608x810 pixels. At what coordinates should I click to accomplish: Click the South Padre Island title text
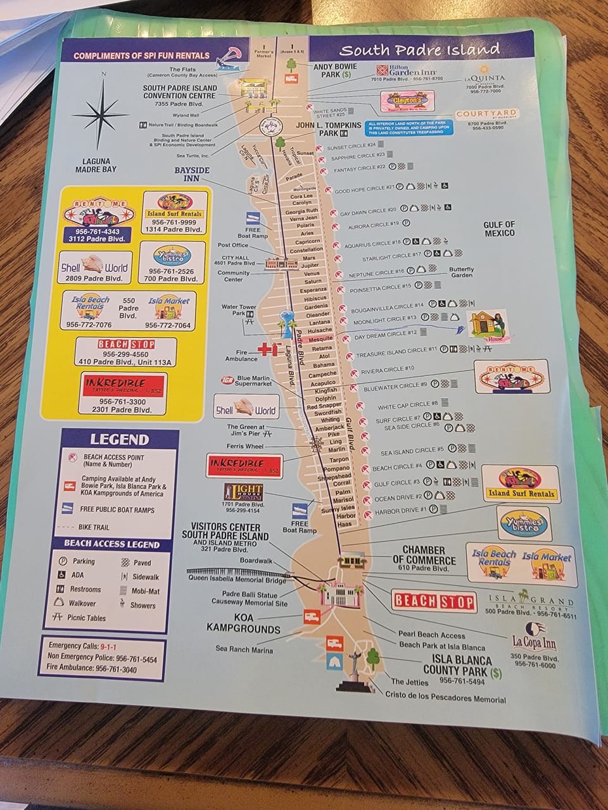click(x=419, y=49)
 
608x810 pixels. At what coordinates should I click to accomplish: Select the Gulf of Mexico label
click(x=499, y=228)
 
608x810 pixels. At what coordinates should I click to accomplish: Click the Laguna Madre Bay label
click(x=96, y=165)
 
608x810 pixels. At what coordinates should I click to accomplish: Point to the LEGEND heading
click(x=119, y=439)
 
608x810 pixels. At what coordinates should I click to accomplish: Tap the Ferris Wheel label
click(x=246, y=447)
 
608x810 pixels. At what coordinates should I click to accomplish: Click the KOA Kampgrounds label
click(x=243, y=624)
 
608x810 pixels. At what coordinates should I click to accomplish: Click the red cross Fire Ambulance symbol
click(x=268, y=350)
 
